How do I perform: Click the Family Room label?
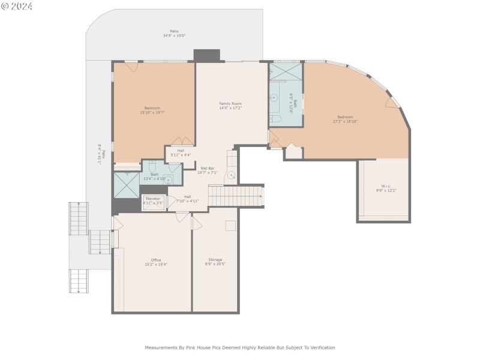[230, 103]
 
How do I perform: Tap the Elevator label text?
[153, 198]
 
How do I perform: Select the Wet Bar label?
[207, 168]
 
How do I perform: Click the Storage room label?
[215, 259]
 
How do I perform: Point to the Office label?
[156, 260]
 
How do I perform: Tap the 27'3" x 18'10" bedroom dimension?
[345, 121]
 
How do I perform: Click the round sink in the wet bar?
[230, 176]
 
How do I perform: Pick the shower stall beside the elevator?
[126, 185]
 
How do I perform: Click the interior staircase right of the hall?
[235, 195]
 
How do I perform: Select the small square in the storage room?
[230, 226]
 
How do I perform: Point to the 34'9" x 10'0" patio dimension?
[174, 35]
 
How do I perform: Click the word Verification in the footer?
[320, 347]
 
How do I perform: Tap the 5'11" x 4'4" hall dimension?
[181, 155]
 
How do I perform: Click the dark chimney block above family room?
[206, 55]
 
